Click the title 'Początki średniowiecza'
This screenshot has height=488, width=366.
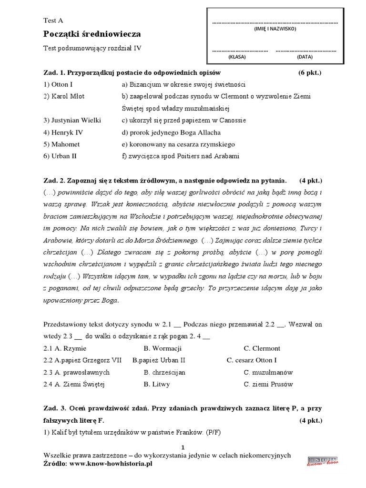92,34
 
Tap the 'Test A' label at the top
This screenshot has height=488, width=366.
53,20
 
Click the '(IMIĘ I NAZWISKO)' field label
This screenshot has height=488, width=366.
274,29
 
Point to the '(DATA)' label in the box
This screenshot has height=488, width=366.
305,56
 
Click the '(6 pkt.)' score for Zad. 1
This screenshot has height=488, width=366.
307,73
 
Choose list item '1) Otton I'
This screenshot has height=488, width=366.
58,84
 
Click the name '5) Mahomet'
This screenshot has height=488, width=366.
62,144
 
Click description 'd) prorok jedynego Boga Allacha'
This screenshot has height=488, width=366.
171,132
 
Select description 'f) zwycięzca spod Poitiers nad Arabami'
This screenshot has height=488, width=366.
181,156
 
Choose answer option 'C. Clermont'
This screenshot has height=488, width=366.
262,348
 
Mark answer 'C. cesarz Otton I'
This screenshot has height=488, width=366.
252,360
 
